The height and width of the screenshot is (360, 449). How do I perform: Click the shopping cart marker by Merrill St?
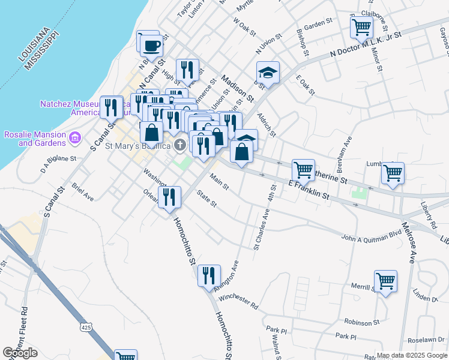pyautogui.click(x=385, y=281)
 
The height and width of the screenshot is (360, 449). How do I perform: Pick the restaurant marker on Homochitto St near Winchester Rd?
pyautogui.click(x=209, y=275)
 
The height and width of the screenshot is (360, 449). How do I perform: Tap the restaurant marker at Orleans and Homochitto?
pyautogui.click(x=169, y=197)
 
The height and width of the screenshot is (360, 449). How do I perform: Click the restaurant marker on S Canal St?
pyautogui.click(x=111, y=107)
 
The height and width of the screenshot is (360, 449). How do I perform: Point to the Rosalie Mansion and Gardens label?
pyautogui.click(x=34, y=138)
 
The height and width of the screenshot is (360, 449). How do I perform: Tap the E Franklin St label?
pyautogui.click(x=309, y=190)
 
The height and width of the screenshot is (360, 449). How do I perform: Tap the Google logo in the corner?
pyautogui.click(x=20, y=353)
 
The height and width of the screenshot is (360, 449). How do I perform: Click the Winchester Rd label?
pyautogui.click(x=238, y=298)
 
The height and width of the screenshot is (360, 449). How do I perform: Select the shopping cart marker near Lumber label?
pyautogui.click(x=393, y=173)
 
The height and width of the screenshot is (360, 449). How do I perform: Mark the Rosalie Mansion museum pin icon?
pyautogui.click(x=75, y=138)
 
